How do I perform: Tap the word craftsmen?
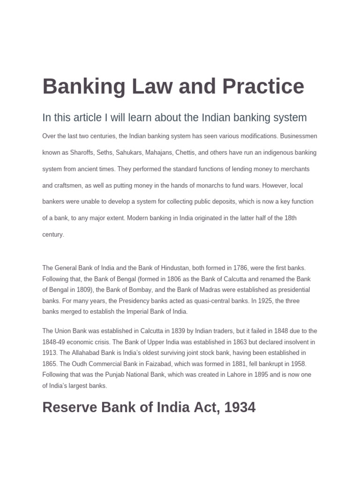pos(67,185)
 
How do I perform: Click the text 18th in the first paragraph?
pos(291,218)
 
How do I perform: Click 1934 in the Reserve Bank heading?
pos(240,407)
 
